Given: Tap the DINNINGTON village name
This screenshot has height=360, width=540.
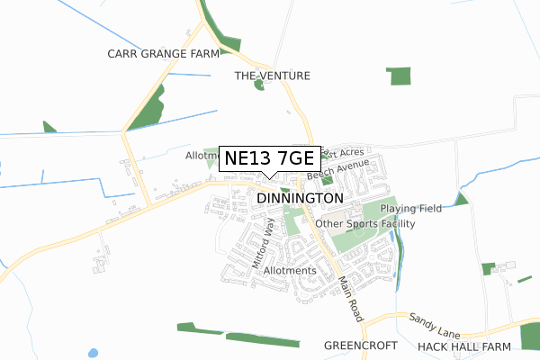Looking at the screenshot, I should (300, 198).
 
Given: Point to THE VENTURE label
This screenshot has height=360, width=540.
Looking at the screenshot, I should (272, 76).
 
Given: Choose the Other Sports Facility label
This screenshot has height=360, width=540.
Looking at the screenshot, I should (365, 223).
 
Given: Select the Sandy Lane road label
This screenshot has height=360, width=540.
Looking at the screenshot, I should (434, 320).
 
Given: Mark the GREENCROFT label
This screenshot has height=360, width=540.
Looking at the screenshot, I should (360, 345).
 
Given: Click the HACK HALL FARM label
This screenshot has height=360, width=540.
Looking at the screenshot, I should (463, 346).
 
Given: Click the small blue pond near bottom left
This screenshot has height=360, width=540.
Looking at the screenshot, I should (94, 352).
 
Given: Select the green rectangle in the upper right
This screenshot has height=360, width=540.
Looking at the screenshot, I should (399, 76).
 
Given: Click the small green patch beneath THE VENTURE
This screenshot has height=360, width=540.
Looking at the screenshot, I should (259, 85).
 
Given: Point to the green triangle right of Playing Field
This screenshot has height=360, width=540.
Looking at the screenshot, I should (462, 199).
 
